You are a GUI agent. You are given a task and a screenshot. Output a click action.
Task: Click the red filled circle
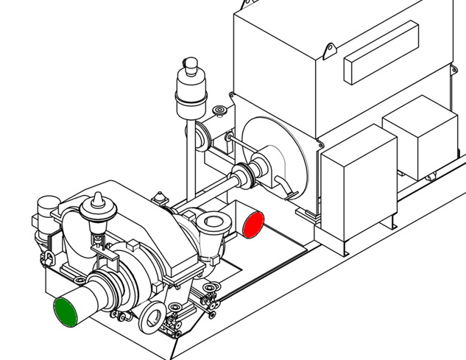253,225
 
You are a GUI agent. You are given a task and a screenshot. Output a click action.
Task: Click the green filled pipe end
68,311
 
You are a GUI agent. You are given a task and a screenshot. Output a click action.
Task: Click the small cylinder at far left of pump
47,206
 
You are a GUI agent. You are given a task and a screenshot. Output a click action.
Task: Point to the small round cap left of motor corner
219,112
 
